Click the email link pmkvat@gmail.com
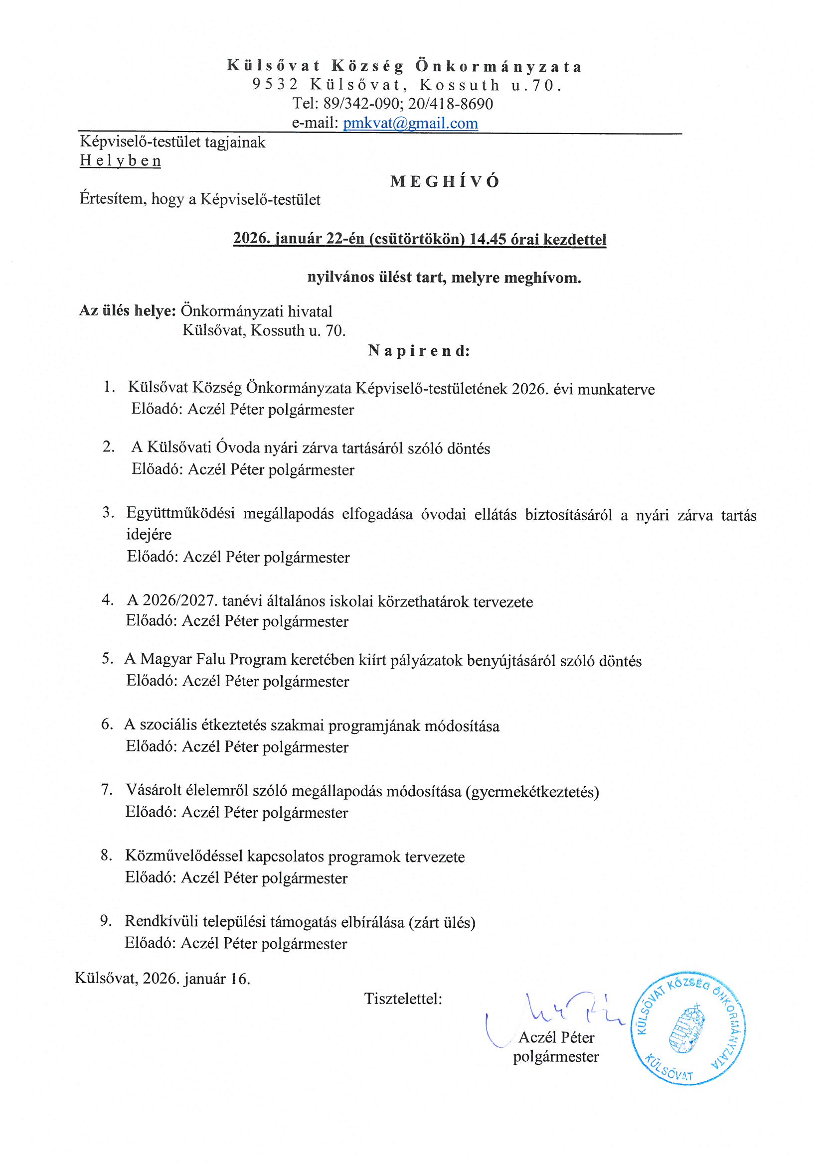pos(410,123)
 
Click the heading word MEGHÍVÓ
pos(445,182)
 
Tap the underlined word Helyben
pos(120,161)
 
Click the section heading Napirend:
pos(419,351)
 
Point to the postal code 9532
pos(275,85)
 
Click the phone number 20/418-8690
pos(450,104)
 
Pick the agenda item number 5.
pos(107,659)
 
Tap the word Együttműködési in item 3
pos(180,514)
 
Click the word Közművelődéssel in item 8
pos(184,857)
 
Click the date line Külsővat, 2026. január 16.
pos(163,978)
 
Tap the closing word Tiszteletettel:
pos(403,999)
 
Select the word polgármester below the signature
pos(556,1057)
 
